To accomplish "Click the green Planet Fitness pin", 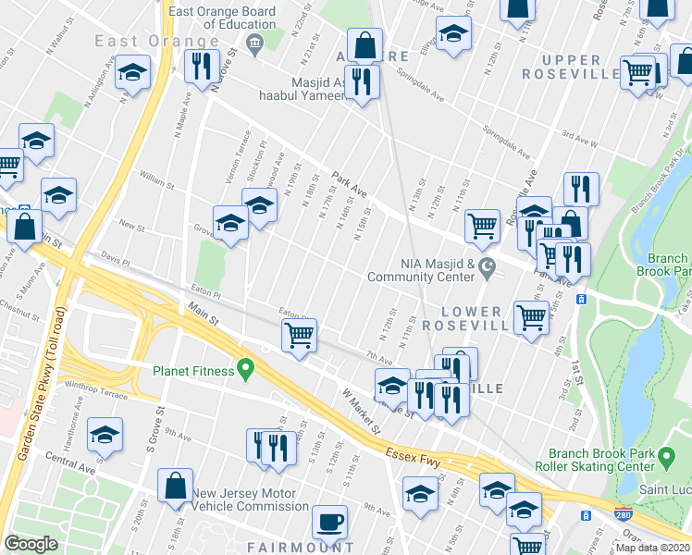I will tap(245, 372).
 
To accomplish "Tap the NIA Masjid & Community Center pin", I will tap(488, 266).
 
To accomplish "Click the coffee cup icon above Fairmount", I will tap(329, 522).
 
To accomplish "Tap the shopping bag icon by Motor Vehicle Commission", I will tap(175, 485).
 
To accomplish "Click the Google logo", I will tap(31, 543).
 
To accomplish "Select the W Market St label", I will tap(362, 413).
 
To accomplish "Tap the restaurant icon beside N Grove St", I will tap(199, 65).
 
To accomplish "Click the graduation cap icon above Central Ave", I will tap(105, 434).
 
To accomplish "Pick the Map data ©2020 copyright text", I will tap(653, 548).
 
